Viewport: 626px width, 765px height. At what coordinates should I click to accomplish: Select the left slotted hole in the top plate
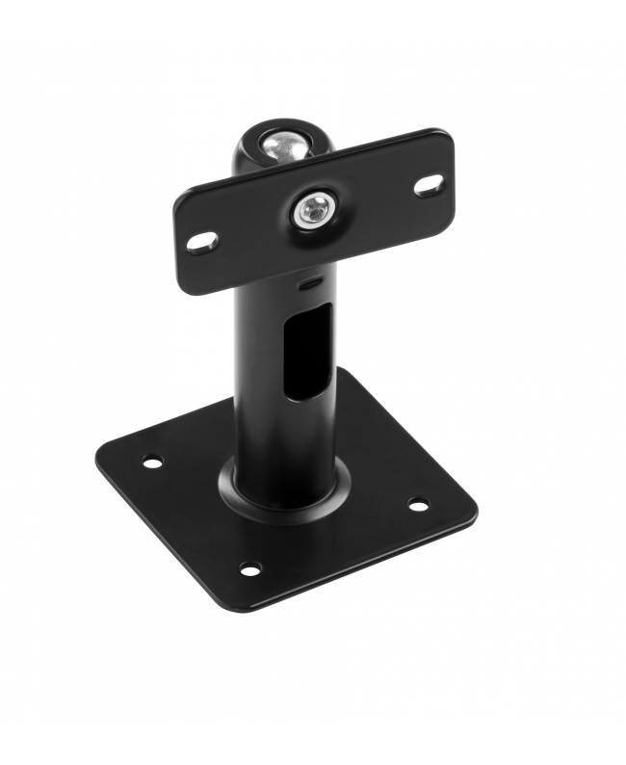pos(203,243)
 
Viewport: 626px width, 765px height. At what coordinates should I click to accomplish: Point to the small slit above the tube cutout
pos(310,285)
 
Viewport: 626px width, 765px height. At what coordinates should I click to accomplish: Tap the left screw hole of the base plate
pos(152,462)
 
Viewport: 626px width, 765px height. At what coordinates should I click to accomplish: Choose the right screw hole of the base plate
pos(418,503)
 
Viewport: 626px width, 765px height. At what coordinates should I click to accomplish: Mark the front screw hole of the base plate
pos(249,568)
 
